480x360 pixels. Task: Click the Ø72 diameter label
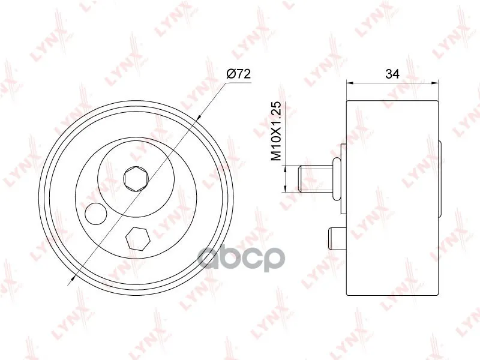click(x=238, y=74)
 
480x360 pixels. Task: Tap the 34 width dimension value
click(x=392, y=74)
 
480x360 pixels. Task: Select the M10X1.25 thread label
click(x=277, y=131)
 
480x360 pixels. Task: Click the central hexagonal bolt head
click(x=136, y=179)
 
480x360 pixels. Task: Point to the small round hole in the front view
click(x=96, y=214)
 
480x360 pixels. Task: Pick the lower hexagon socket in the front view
click(x=138, y=238)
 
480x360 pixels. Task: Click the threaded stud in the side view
click(x=316, y=179)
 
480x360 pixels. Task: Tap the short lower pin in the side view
click(x=337, y=238)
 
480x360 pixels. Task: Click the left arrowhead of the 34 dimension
click(x=349, y=83)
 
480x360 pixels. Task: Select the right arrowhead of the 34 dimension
click(x=435, y=83)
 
